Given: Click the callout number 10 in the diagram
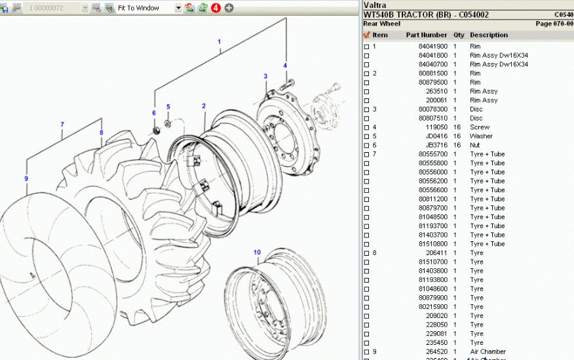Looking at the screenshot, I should click(x=257, y=252).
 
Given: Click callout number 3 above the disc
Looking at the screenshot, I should click(x=265, y=77).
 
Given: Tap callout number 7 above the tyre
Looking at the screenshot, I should click(x=62, y=125).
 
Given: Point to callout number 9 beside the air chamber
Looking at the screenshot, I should click(x=26, y=178).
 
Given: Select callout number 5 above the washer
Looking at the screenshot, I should click(x=168, y=107).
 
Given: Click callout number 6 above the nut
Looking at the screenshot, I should click(x=154, y=113).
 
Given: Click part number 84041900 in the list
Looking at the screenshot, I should click(x=433, y=47).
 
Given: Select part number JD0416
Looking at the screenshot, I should click(x=437, y=136).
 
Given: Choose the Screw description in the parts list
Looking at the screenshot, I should click(x=480, y=127).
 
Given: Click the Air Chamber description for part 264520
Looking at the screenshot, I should click(x=488, y=351).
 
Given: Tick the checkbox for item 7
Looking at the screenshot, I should click(x=367, y=154).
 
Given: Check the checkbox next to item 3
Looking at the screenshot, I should click(x=367, y=110).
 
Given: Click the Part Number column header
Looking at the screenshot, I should click(x=426, y=35).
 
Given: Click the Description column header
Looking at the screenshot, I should click(x=488, y=35).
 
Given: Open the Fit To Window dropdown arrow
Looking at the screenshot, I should click(x=178, y=8).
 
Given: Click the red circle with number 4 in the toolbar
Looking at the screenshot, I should click(x=216, y=8).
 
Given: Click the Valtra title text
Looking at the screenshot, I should click(x=374, y=5).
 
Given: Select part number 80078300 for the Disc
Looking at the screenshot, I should click(x=433, y=110).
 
